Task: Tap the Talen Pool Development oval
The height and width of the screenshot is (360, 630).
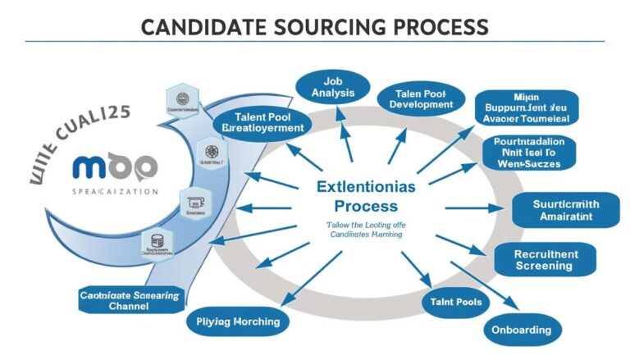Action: [x=416, y=99]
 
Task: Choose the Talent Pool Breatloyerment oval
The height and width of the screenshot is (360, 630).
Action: [x=262, y=122]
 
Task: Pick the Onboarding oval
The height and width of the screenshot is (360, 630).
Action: [x=523, y=329]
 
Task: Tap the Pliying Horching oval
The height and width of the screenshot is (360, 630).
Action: [x=239, y=321]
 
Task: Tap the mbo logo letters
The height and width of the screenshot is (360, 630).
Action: [x=116, y=167]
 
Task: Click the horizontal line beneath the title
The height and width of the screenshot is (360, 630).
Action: [x=315, y=41]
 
